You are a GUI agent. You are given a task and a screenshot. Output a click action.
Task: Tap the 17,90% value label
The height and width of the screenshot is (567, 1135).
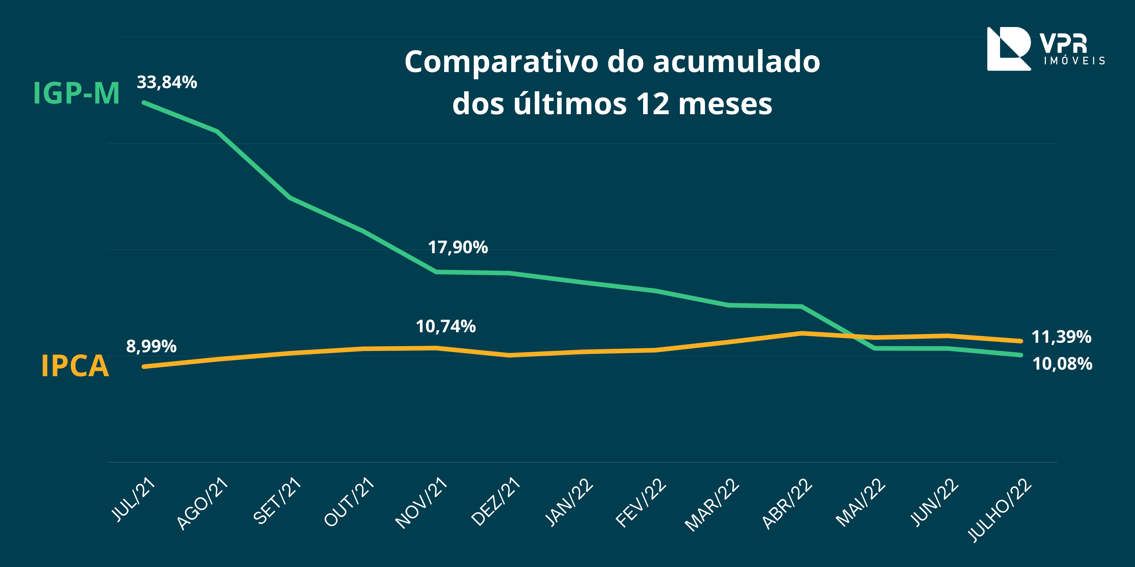458,247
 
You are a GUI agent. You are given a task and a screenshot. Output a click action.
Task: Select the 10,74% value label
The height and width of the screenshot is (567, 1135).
445,327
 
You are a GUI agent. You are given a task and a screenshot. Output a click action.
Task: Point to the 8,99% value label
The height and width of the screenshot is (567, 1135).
151,346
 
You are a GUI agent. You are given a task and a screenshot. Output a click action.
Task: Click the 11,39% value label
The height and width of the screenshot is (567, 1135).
1061,337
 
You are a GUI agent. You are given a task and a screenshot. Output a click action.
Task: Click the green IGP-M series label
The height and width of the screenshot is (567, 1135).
76,93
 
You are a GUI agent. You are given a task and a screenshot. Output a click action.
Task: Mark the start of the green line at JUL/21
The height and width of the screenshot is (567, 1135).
144,103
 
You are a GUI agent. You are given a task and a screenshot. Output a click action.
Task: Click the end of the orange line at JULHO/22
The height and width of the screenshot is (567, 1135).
1020,341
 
